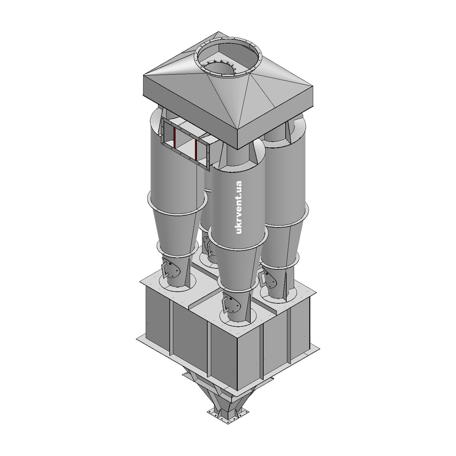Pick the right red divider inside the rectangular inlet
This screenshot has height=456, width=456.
196,149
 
